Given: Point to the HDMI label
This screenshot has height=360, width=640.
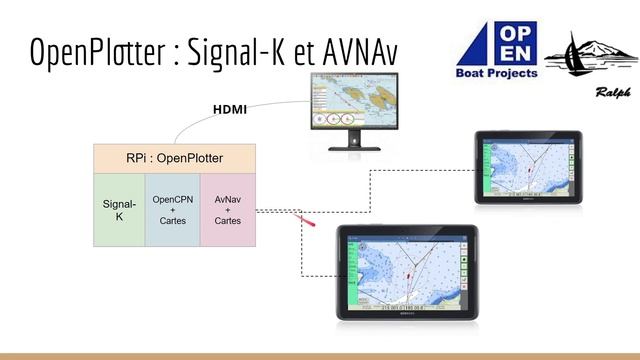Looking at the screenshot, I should coord(231,109).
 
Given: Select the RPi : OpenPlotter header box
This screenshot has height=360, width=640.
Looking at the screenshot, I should coord(174,158).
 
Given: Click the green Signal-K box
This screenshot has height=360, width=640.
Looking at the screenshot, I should coord(119,209).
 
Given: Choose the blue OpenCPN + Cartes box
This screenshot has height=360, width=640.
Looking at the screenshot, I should coord(172,209).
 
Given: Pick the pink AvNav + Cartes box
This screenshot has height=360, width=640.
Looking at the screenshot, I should coord(227,209).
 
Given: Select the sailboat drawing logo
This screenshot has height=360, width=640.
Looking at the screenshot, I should coord(590,55).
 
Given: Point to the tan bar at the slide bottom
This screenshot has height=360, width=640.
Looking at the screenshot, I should coord(320,355).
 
